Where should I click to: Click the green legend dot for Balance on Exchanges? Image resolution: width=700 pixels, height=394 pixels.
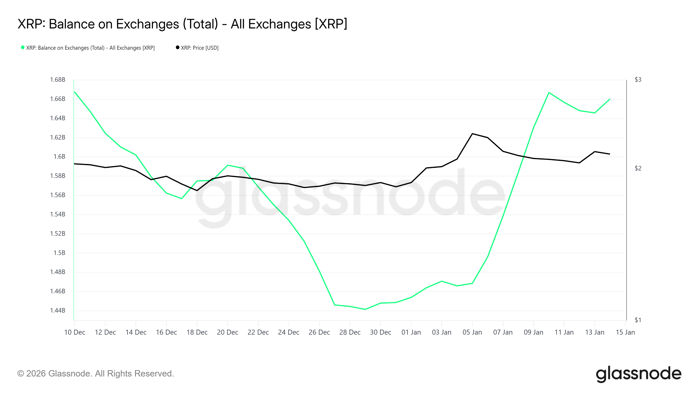[23, 47]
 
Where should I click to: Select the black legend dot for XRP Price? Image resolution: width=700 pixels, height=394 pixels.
[177, 47]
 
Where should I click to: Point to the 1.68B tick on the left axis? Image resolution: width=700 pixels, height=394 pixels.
[58, 80]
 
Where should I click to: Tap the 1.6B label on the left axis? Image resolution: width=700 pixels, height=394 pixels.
[59, 157]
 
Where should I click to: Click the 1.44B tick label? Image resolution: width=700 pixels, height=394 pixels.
[58, 311]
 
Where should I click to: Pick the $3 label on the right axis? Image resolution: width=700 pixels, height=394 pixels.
[638, 80]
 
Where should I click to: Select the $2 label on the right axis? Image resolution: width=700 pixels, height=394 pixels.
[638, 168]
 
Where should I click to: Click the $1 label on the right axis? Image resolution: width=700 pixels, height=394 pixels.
[638, 320]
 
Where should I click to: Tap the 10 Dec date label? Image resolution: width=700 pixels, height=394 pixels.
[75, 332]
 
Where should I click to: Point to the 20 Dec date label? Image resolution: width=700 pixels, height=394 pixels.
[227, 332]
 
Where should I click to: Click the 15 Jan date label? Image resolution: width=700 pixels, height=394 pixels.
[625, 332]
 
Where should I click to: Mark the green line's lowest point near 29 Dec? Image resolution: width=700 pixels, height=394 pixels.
[365, 309]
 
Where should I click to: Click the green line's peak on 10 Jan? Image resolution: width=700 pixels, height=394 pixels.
[549, 93]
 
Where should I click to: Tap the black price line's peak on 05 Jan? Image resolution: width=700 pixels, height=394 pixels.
[472, 134]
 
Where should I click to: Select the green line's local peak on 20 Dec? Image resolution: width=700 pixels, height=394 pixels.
[228, 165]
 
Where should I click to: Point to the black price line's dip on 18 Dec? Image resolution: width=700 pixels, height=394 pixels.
[197, 190]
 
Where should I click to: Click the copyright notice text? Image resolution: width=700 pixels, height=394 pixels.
[96, 374]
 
